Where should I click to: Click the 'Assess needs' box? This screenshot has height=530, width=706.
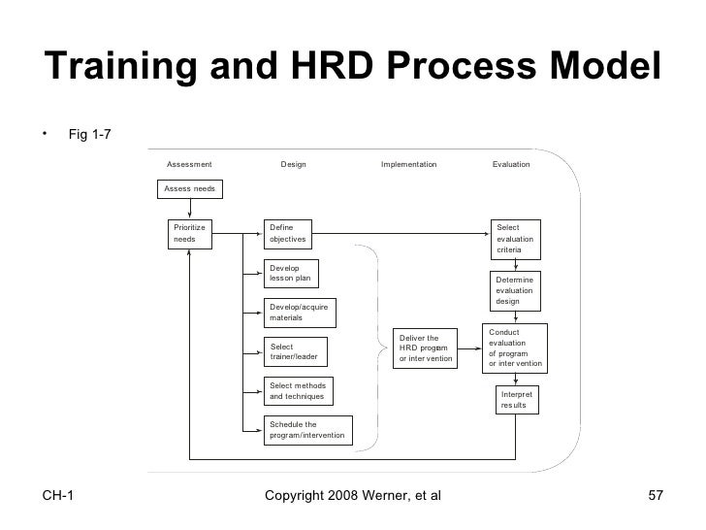pos(190,187)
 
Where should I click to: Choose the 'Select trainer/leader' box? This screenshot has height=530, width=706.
pos(296,351)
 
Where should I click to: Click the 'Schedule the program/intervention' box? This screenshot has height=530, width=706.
pos(308,430)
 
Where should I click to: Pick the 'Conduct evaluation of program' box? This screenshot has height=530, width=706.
pos(516,348)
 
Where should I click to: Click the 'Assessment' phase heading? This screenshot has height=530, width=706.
pos(189,164)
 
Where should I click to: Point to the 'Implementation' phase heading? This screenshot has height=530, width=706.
pos(408,164)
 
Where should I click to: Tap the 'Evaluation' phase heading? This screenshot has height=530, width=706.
pos(511,164)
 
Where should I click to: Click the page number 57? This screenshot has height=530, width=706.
pos(655,497)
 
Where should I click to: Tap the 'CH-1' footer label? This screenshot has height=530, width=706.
pos(61,497)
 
